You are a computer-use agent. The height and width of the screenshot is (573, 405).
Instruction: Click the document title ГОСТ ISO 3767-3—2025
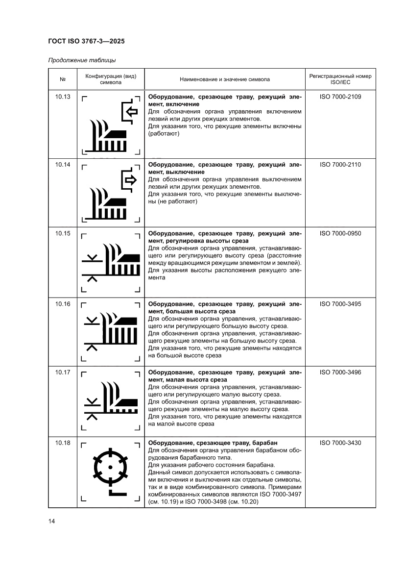coord(86,41)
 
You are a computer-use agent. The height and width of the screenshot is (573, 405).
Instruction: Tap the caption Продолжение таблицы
coord(82,61)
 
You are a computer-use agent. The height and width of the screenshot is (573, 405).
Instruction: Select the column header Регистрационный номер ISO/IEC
coord(340,79)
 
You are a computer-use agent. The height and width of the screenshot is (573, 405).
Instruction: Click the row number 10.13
coord(63,97)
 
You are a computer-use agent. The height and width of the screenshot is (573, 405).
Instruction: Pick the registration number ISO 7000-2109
coord(340,97)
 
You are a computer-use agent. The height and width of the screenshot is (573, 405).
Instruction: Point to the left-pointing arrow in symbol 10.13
coord(130,112)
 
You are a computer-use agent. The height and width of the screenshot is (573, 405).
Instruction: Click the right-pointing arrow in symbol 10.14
coord(130,180)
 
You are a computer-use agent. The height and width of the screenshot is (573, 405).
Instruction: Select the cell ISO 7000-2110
coord(340,165)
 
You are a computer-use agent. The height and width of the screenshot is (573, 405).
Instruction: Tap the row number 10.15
coord(63,233)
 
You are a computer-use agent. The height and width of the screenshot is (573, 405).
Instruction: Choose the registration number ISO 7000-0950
coord(340,233)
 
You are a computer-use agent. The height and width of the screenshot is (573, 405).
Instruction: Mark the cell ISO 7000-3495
coord(340,304)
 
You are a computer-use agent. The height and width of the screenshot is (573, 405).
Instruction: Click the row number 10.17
coord(63,373)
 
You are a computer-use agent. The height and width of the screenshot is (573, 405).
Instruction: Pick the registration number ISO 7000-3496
coord(340,373)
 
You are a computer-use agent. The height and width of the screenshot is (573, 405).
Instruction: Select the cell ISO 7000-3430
coord(340,443)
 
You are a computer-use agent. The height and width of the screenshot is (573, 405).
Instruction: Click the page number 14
coord(51,521)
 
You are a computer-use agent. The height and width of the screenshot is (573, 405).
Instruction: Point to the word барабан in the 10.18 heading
coord(273,443)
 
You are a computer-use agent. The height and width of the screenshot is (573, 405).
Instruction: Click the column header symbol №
coord(63,79)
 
